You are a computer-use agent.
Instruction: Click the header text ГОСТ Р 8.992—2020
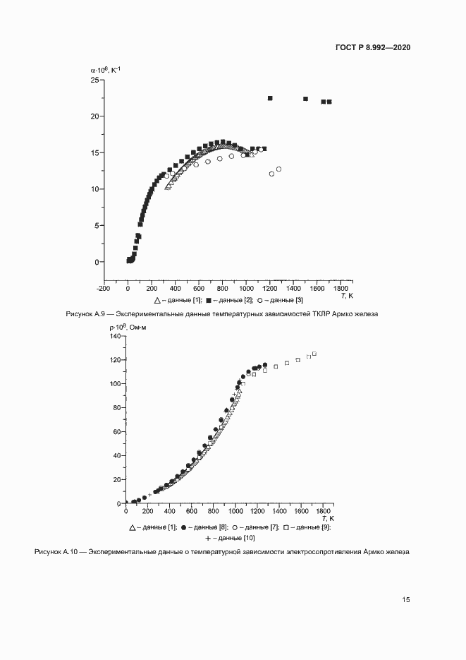point(373,47)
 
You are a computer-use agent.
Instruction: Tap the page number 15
point(406,599)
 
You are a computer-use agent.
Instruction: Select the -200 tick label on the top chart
point(103,288)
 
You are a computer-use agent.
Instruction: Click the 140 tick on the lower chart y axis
point(115,336)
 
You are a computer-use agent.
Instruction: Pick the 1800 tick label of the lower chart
point(324,510)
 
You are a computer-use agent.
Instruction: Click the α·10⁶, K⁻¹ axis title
point(106,69)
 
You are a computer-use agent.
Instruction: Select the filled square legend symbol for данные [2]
point(209,300)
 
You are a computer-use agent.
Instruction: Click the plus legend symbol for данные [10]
point(209,538)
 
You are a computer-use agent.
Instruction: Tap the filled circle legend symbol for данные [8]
point(184,527)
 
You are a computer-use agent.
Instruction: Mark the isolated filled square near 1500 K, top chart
point(305,99)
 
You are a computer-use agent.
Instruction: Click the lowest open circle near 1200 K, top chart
point(271,174)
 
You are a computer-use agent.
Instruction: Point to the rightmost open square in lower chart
point(314,354)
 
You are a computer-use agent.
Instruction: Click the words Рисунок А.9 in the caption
point(82,314)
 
